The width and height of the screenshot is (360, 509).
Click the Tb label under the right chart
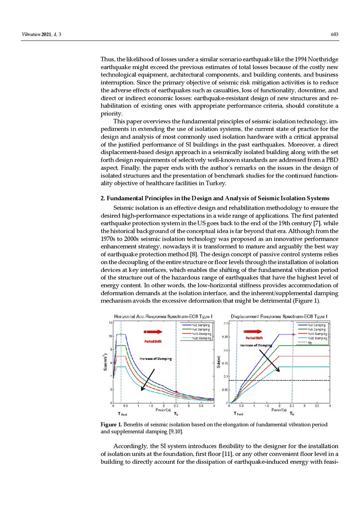point(292,413)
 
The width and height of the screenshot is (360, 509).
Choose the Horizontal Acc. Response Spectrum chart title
point(164,316)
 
